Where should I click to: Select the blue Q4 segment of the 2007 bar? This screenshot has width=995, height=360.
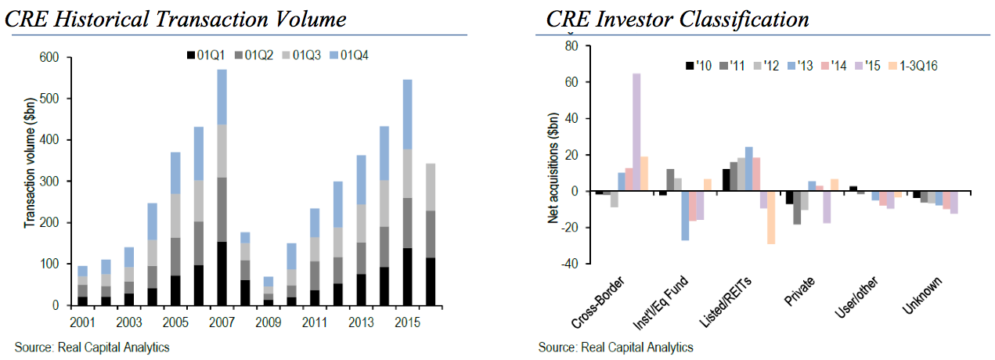click(x=221, y=97)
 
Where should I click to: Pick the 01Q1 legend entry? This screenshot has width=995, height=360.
click(x=206, y=55)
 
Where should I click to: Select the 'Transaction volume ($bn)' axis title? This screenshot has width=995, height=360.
click(x=29, y=181)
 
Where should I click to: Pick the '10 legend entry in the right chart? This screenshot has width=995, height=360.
click(x=695, y=66)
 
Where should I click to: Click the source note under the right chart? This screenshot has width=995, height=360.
click(x=615, y=347)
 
